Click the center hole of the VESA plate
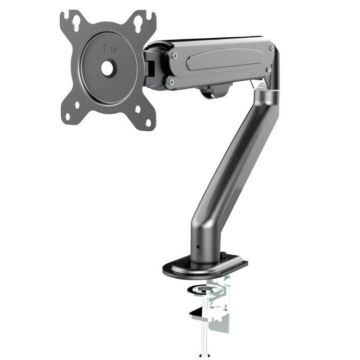(x=108, y=67)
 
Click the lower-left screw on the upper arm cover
(x=172, y=81)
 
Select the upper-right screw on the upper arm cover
(x=272, y=49)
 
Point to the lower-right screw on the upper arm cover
(x=268, y=70)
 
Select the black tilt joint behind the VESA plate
(x=152, y=66)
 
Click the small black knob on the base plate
(x=223, y=254)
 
